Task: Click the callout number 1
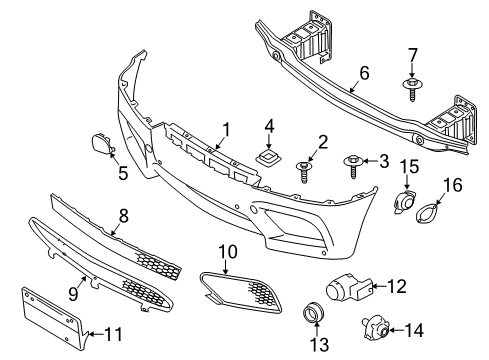click(x=226, y=128)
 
